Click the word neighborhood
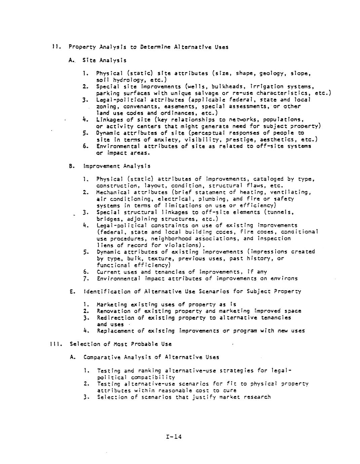172,239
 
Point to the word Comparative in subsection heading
101,357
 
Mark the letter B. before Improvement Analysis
71,166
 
